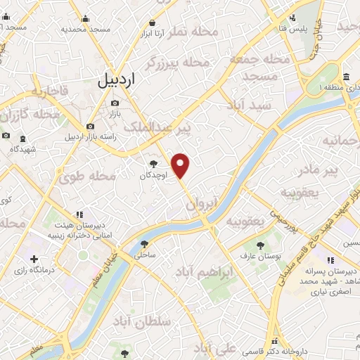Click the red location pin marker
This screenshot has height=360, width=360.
[x=181, y=165]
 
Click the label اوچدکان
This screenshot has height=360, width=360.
[x=155, y=174]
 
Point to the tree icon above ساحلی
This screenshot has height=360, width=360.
[x=145, y=245]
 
